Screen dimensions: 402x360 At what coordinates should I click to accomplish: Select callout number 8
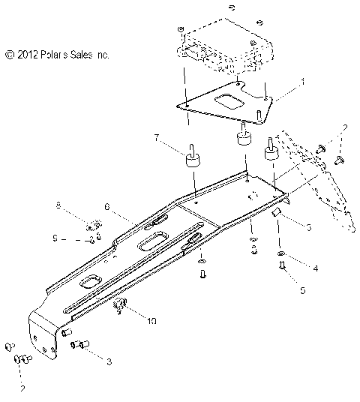[x=58, y=205]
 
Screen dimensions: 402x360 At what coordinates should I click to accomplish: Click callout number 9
[x=55, y=239]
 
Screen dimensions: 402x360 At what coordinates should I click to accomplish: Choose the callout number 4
[x=315, y=267]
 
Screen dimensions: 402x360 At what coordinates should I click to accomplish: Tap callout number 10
[x=152, y=320]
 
